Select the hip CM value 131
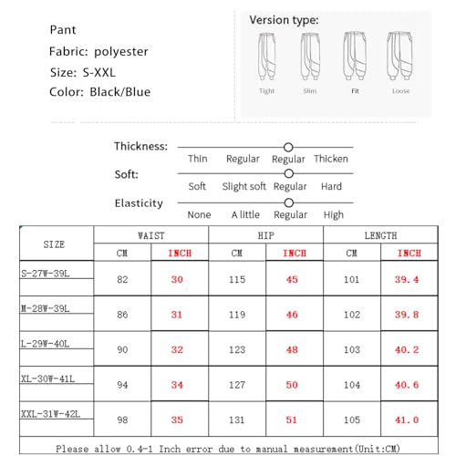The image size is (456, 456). click(x=237, y=420)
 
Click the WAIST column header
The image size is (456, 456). click(x=150, y=235)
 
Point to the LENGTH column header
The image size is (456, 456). click(x=380, y=235)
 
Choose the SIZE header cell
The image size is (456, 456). click(x=54, y=244)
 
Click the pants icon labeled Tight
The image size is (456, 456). click(x=266, y=58)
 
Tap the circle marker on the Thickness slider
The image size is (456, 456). click(x=288, y=147)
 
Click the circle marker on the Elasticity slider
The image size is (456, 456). click(x=289, y=202)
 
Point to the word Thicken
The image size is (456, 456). click(x=330, y=160)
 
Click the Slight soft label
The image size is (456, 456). click(x=244, y=187)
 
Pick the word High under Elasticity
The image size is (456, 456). click(x=333, y=215)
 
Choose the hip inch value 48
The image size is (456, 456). click(x=291, y=349)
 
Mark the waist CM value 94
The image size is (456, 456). click(x=123, y=385)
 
